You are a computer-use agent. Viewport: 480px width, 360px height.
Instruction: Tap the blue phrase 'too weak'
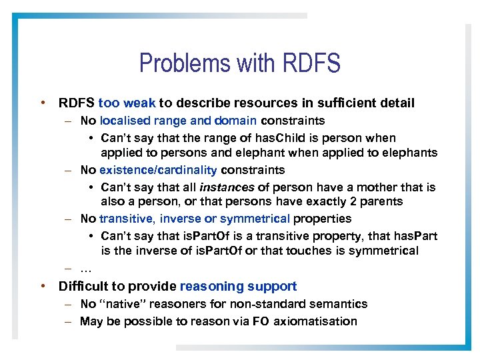(127, 103)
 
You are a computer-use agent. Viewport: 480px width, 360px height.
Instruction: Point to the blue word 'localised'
(125, 121)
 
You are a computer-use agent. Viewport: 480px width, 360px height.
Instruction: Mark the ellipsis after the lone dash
(85, 269)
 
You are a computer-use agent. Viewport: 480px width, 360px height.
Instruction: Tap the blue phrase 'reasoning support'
(238, 287)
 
